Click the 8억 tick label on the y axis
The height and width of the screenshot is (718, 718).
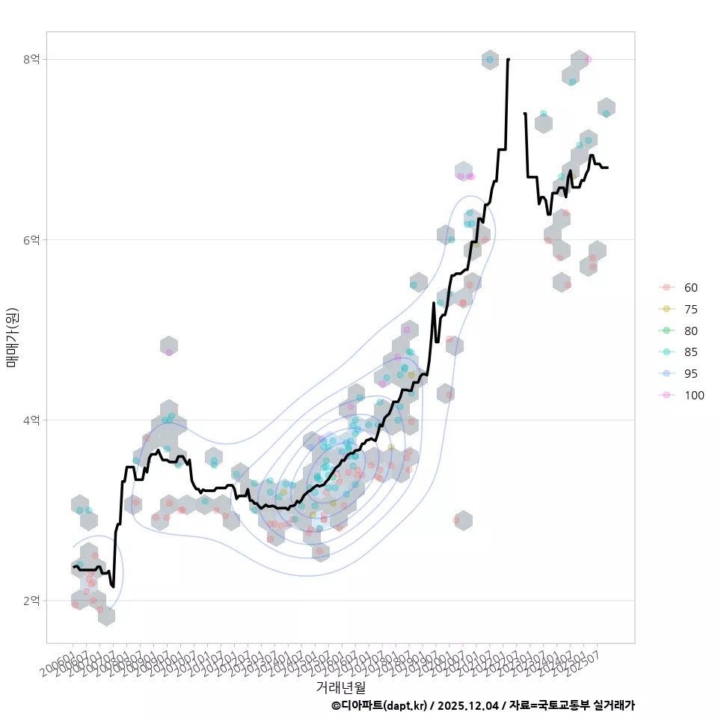click(31, 59)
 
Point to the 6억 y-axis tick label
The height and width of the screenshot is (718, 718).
click(31, 239)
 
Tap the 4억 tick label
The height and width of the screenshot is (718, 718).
click(31, 420)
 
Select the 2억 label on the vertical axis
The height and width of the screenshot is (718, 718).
click(31, 601)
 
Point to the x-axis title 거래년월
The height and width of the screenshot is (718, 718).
click(340, 686)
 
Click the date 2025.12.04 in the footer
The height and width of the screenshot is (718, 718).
click(470, 705)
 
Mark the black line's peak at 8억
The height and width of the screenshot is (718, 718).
click(509, 59)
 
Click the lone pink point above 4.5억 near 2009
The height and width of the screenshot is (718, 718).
click(169, 352)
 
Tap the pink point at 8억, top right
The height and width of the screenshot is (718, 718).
click(588, 59)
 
